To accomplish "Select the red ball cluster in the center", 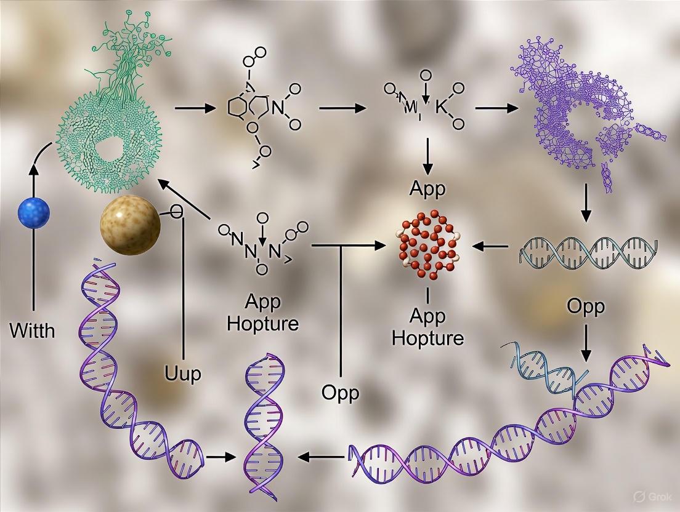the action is coord(429,246).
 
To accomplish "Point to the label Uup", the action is coord(183,373).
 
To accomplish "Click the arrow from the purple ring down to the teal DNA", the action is coord(586,208).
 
